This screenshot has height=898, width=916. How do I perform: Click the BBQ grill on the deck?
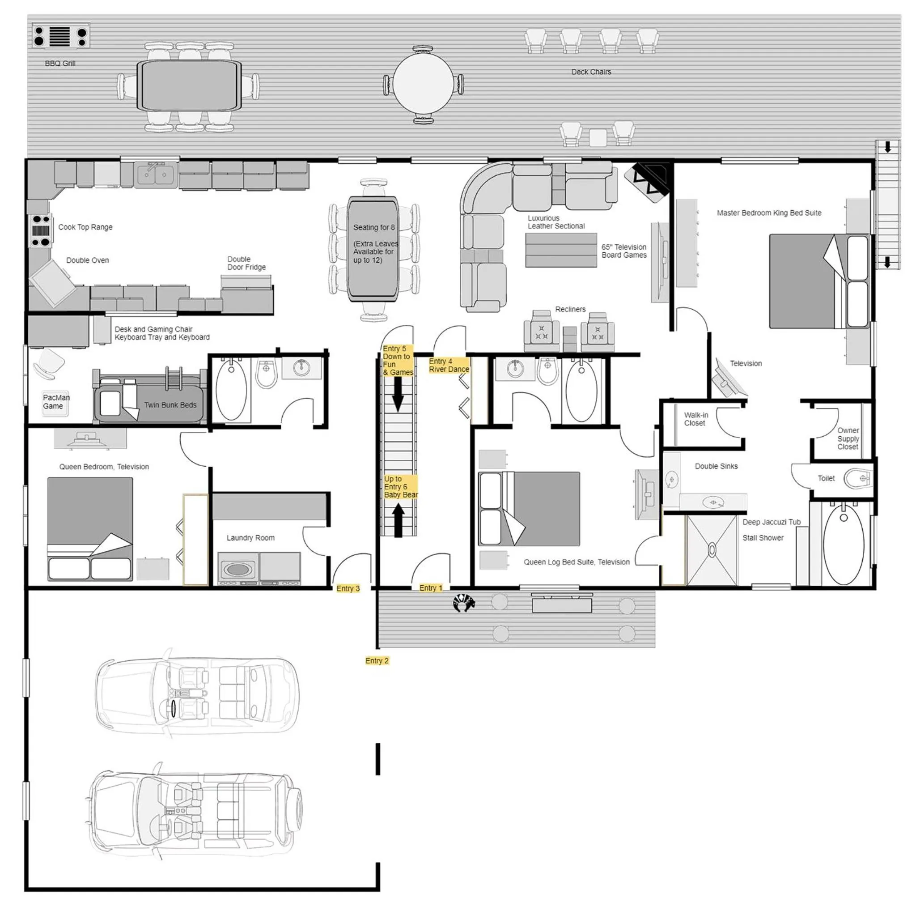(x=60, y=36)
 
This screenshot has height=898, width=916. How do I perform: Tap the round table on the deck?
(x=423, y=85)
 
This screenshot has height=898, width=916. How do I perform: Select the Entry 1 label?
(x=430, y=587)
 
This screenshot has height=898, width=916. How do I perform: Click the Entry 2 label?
(x=377, y=660)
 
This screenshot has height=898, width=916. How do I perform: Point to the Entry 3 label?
(x=348, y=588)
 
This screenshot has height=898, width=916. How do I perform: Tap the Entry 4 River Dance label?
(x=448, y=365)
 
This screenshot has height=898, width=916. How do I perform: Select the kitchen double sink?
(x=155, y=174)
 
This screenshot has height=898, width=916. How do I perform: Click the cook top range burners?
(x=40, y=230)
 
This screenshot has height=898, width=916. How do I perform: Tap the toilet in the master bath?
(x=857, y=478)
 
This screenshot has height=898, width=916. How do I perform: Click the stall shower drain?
(x=712, y=550)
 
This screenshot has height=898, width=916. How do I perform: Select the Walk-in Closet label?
(x=695, y=419)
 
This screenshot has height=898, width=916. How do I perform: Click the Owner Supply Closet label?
(x=847, y=438)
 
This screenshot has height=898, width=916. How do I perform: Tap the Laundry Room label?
(x=250, y=538)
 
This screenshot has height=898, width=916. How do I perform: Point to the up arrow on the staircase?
(x=399, y=519)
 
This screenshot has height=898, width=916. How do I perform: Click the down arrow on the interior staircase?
(x=398, y=394)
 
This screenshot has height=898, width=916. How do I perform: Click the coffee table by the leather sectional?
(x=560, y=250)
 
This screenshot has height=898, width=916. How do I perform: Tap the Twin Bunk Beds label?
(x=170, y=404)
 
